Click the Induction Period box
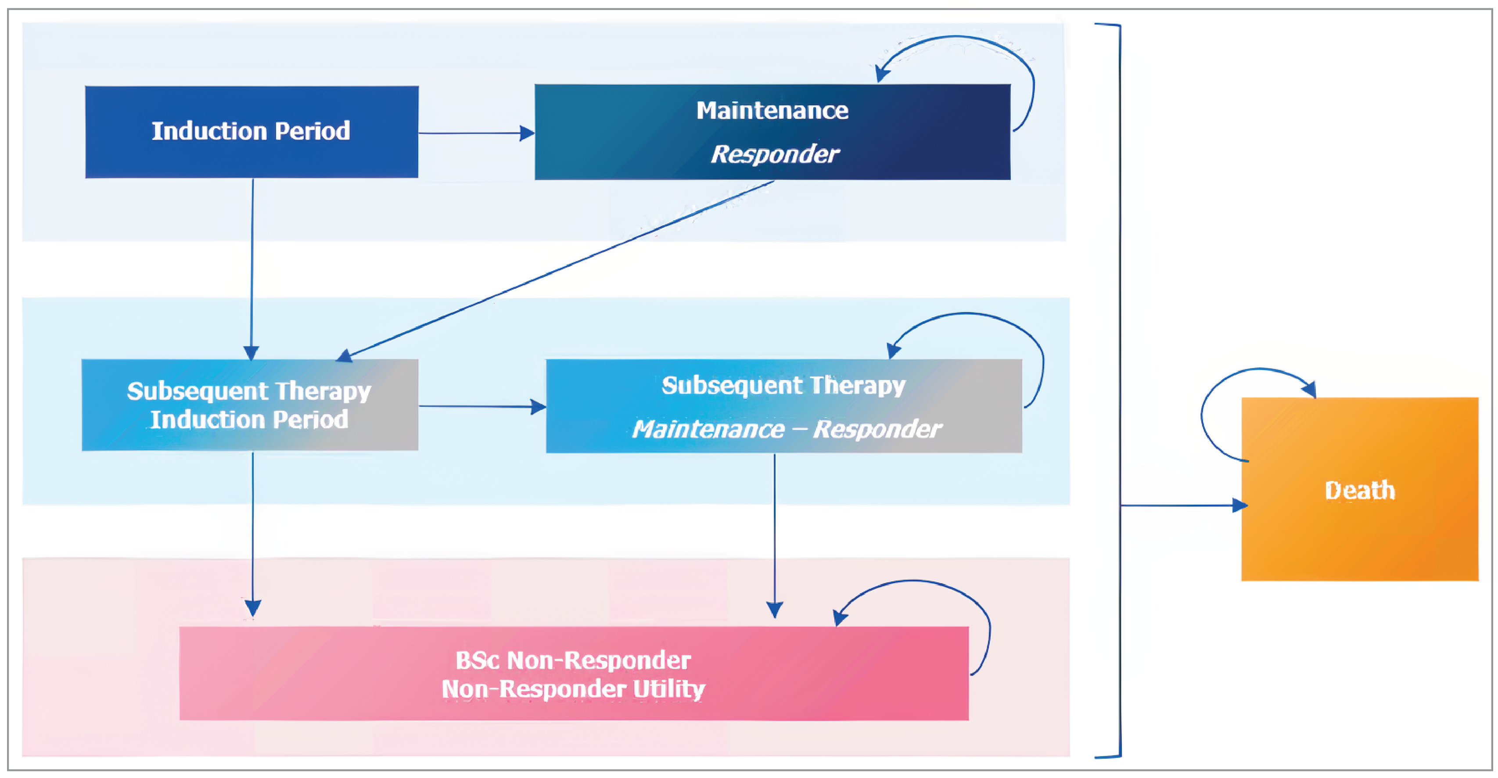(251, 132)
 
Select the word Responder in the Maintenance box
(774, 154)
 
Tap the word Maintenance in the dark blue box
(772, 111)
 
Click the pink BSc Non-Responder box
(573, 673)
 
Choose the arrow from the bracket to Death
(1181, 506)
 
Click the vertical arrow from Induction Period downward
(252, 268)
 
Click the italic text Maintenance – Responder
(786, 430)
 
